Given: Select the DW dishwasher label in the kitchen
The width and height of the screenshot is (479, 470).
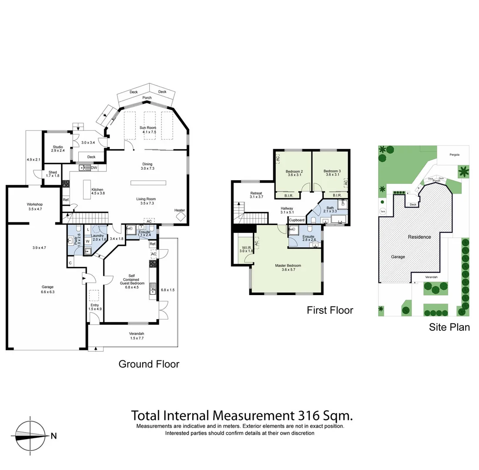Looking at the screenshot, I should point(94,168).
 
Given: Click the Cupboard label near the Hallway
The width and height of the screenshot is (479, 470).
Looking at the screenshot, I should point(297,220).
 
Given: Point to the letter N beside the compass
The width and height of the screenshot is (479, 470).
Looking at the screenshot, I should point(54,436).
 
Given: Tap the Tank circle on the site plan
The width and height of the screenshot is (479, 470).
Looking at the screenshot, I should point(383,212).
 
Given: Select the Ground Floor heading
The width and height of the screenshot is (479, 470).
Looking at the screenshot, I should point(149,364).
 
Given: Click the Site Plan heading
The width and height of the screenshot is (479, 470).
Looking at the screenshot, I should point(449,327).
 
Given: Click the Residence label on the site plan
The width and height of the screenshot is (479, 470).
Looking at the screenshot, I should point(419,237).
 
